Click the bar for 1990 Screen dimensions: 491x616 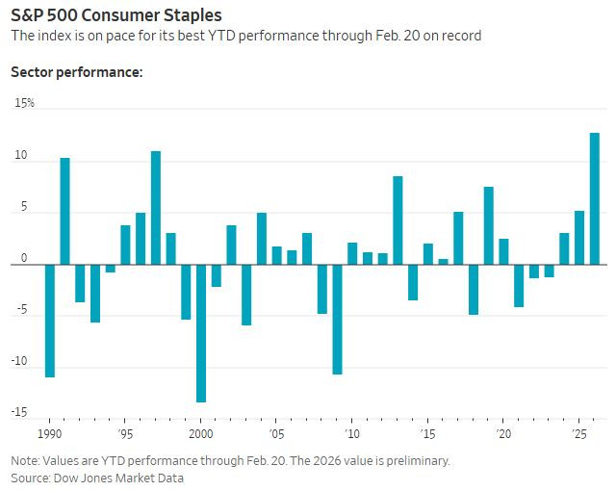click(50, 321)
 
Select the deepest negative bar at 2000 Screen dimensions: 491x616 click(200, 333)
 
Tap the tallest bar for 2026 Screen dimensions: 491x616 click(594, 198)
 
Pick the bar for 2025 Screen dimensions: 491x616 click(579, 238)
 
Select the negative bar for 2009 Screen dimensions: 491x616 click(337, 319)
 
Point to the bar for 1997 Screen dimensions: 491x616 click(155, 208)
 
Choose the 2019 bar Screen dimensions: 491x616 click(488, 225)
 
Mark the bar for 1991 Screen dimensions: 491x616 click(64, 211)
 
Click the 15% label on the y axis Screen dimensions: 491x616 click(23, 102)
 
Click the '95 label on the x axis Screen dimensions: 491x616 click(124, 434)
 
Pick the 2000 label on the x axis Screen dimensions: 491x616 click(200, 434)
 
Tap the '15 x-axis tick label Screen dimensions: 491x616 click(427, 434)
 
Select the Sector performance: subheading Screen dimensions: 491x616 click(76, 71)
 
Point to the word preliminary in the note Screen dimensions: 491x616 click(414, 461)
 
